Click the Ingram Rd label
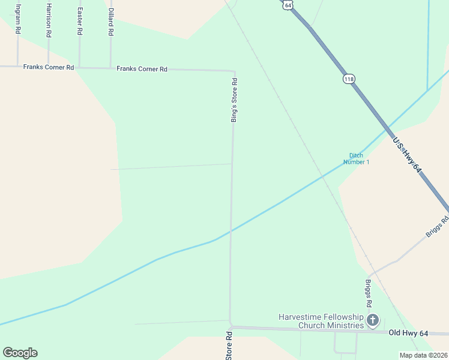[18, 18]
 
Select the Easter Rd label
[79, 20]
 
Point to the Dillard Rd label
[110, 20]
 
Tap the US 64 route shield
[288, 4]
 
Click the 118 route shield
[349, 79]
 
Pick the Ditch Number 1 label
[357, 158]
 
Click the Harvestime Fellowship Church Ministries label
[321, 321]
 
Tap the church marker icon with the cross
[373, 320]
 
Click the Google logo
[20, 353]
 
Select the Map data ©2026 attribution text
[423, 355]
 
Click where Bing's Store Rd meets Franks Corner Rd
[234, 71]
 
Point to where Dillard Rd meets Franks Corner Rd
[110, 68]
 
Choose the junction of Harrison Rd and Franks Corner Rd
[49, 67]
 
